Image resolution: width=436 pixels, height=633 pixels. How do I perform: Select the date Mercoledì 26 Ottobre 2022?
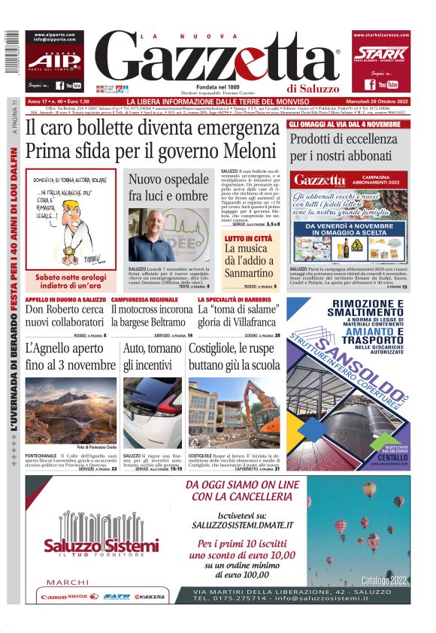[x=372, y=101]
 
